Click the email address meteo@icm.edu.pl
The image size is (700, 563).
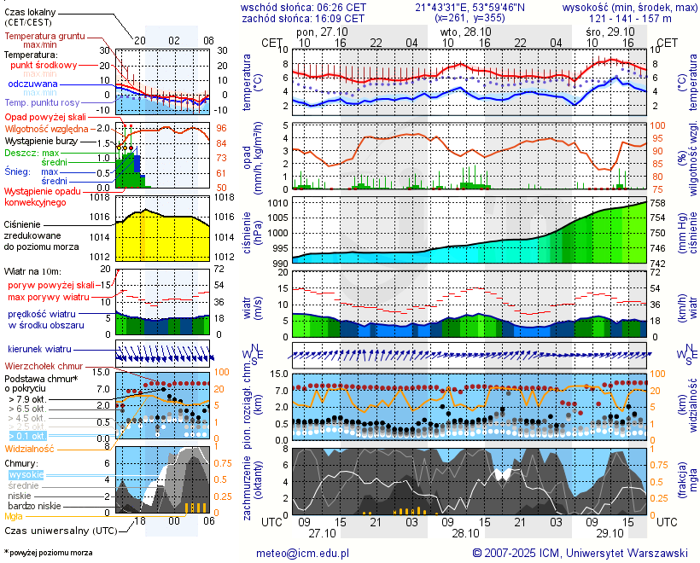point(303,553)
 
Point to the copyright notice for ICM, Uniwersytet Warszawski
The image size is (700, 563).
point(580,553)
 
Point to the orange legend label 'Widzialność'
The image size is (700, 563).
point(30,448)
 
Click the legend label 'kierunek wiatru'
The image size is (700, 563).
point(39,349)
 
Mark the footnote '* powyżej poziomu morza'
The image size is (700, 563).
point(48,553)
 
